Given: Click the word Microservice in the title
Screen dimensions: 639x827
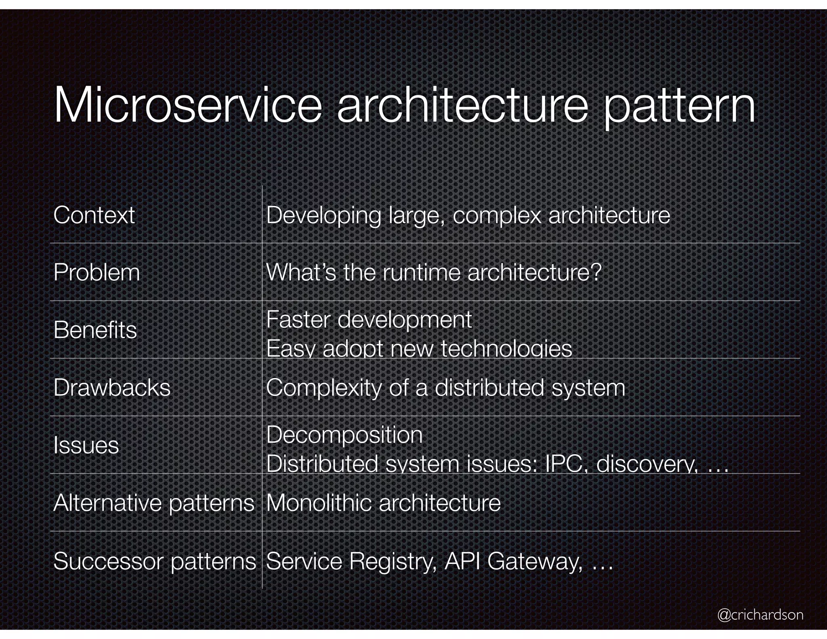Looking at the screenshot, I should (188, 106).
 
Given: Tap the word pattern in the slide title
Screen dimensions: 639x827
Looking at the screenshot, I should (679, 107).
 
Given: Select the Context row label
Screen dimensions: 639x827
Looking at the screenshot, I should (94, 215).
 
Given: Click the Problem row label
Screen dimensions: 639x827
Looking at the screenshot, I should (97, 272).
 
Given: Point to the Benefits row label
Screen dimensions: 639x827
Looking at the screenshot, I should (95, 330).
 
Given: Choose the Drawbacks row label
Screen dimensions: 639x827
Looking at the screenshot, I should (112, 388).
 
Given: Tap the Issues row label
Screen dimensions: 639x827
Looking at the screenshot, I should (86, 445).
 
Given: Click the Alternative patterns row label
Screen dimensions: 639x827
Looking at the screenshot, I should (153, 503).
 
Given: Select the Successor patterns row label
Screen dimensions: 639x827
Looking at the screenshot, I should (155, 561).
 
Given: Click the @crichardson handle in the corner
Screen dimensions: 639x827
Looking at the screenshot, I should (760, 614).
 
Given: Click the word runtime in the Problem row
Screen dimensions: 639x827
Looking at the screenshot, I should (421, 272).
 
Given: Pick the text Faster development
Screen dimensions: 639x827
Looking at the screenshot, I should (369, 319).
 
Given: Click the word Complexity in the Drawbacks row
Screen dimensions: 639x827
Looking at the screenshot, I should (323, 388).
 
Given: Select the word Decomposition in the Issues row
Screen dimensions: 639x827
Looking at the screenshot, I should (344, 435).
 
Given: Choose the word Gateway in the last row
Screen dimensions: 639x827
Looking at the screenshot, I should (535, 561).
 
